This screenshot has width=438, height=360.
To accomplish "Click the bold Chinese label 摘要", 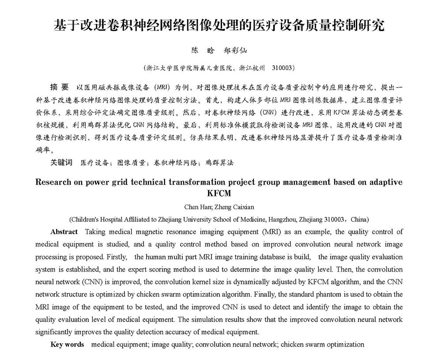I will (60, 86).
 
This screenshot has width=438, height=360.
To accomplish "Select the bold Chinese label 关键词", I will (61, 162).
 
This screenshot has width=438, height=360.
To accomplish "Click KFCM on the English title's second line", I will (219, 193).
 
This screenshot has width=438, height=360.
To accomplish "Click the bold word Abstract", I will (64, 231).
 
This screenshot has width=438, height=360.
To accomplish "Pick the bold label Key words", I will (67, 344).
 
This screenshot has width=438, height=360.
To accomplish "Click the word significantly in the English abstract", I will (53, 332).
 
